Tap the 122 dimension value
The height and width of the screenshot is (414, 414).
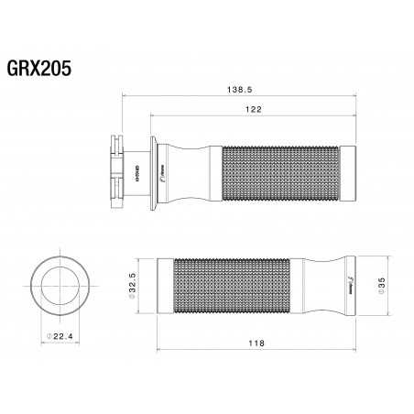255,109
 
